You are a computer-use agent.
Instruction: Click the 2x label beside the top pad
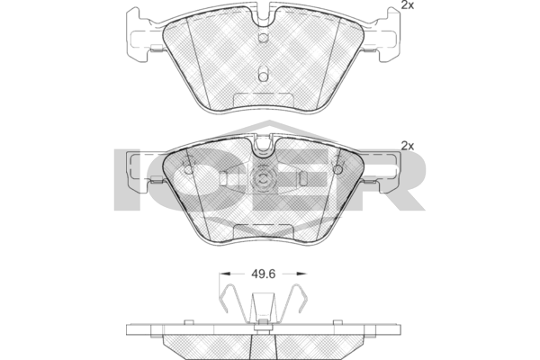(406, 7)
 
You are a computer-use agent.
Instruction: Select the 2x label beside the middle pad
(406, 145)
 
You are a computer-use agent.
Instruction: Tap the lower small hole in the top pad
(263, 77)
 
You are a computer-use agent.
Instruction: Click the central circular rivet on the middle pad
(265, 180)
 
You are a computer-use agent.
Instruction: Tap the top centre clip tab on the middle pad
(265, 144)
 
